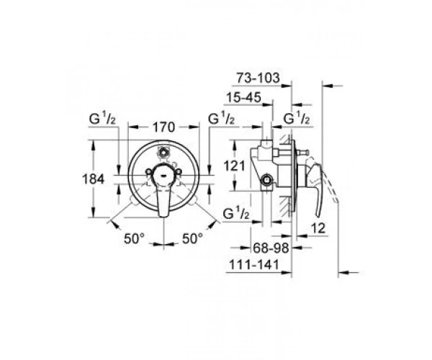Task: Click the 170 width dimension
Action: [163, 127]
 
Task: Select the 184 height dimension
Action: [94, 179]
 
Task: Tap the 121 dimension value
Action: [234, 166]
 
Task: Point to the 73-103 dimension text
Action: [258, 78]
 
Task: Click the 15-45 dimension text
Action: [243, 97]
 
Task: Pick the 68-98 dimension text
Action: [271, 248]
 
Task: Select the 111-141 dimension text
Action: [254, 265]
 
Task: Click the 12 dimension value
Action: [318, 228]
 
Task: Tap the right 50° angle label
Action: [192, 238]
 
